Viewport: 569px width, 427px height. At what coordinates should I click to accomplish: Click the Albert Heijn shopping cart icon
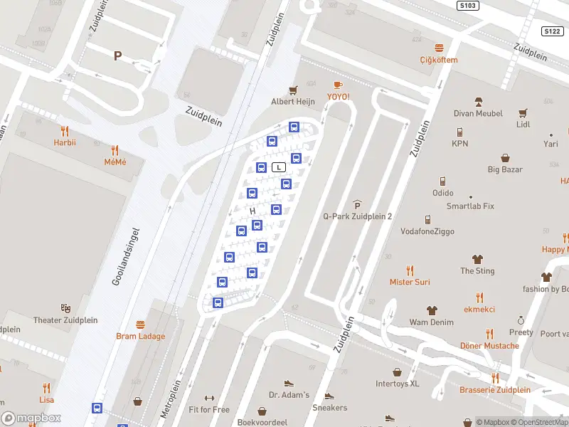[292, 90]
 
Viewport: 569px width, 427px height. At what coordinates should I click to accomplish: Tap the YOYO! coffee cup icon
[338, 85]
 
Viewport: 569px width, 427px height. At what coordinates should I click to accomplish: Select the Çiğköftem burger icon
[438, 48]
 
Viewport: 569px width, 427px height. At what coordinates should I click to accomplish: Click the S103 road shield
[466, 5]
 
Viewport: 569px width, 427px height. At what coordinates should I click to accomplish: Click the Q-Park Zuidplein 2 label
[357, 216]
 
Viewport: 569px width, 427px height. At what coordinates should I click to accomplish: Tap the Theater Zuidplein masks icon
[65, 308]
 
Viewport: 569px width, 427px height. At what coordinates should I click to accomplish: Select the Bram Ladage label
[141, 336]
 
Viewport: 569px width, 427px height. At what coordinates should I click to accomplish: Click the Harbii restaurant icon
[65, 131]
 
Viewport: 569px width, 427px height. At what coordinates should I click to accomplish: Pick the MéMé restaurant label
[115, 162]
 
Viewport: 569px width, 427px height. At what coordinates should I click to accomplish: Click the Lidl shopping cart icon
[523, 112]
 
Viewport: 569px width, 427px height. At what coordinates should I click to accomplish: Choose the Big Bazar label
[505, 169]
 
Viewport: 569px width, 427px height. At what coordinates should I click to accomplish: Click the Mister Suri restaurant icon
[410, 270]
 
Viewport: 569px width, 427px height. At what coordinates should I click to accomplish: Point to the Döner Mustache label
[489, 346]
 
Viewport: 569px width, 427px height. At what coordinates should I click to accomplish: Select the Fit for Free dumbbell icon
[209, 398]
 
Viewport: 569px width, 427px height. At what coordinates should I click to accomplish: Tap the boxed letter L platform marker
[279, 167]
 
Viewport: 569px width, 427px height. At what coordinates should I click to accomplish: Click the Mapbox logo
[31, 418]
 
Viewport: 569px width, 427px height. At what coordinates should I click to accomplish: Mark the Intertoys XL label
[398, 384]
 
